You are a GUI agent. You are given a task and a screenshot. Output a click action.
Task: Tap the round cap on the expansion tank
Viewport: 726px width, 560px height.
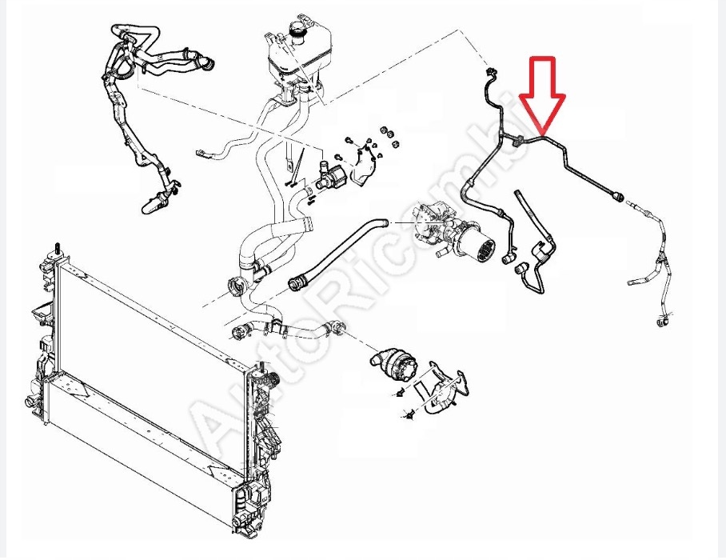(299, 30)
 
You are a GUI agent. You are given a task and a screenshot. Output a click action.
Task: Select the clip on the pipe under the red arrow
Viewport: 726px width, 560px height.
(521, 141)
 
